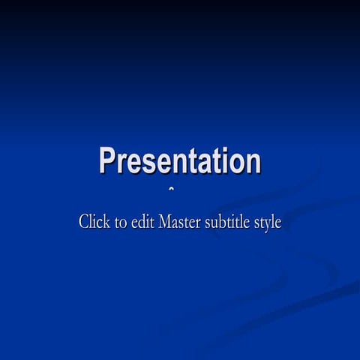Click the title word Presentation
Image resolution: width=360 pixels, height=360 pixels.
[x=180, y=161]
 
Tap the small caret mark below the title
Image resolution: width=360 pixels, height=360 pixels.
[x=171, y=189]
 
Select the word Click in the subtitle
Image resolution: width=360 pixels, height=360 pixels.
[x=94, y=222]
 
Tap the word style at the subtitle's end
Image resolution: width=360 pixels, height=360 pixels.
[x=268, y=223]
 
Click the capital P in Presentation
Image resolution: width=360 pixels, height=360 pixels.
[x=108, y=161]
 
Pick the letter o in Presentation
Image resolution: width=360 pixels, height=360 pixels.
[x=238, y=163]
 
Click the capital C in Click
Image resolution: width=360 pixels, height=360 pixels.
[x=84, y=222]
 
